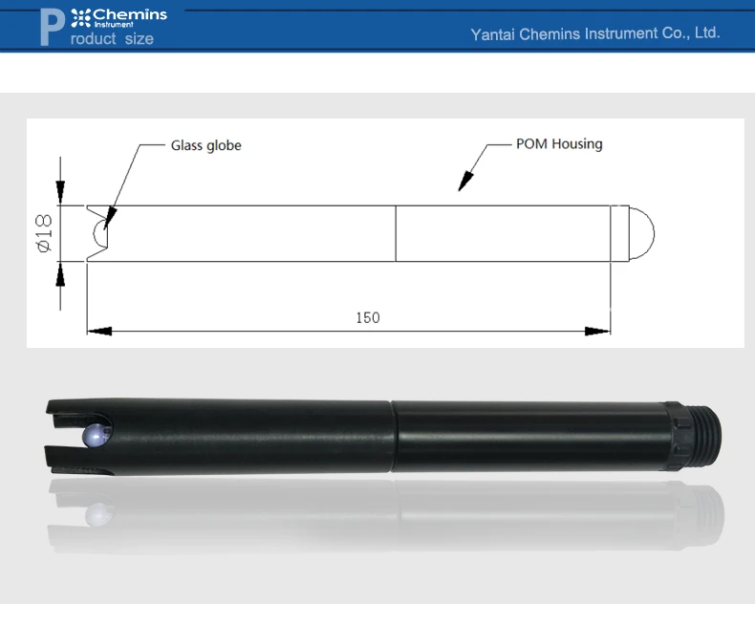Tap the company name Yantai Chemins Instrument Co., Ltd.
tap(594, 33)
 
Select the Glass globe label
tap(205, 145)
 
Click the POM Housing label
tap(559, 144)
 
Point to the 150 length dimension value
tap(368, 317)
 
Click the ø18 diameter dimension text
tap(43, 233)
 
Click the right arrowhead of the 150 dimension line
tap(598, 331)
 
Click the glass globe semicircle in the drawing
tap(99, 232)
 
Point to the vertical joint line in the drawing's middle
tap(396, 233)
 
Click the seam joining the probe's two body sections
tap(392, 436)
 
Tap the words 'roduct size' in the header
tap(112, 39)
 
